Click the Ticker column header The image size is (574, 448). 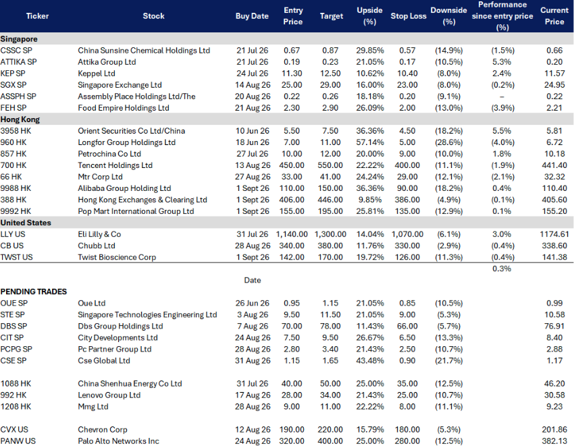pyautogui.click(x=37, y=16)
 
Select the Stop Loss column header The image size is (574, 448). pyautogui.click(x=408, y=16)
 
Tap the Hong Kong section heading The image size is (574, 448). pyautogui.click(x=20, y=119)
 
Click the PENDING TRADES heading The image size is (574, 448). pyautogui.click(x=34, y=291)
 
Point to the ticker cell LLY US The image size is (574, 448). pyautogui.click(x=13, y=234)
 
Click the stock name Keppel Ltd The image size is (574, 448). pyautogui.click(x=97, y=74)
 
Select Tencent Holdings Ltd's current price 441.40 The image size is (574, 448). pyautogui.click(x=554, y=165)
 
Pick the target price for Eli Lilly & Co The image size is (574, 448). pyautogui.click(x=330, y=234)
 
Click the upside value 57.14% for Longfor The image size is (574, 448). pyautogui.click(x=370, y=142)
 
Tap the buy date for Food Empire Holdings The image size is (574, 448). pyautogui.click(x=253, y=108)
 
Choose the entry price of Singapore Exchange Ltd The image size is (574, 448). pyautogui.click(x=292, y=85)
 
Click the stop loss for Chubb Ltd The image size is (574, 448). pyautogui.click(x=407, y=246)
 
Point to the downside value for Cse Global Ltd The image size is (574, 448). pyautogui.click(x=449, y=360)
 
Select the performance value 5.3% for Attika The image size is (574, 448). pyautogui.click(x=502, y=62)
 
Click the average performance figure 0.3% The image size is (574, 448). pyautogui.click(x=502, y=269)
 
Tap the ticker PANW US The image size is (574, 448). pyautogui.click(x=18, y=441)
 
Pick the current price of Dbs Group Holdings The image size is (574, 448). pyautogui.click(x=554, y=327)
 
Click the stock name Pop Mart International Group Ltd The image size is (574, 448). pyautogui.click(x=136, y=211)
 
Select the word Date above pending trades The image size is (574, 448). pyautogui.click(x=253, y=280)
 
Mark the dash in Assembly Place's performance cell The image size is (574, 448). pyautogui.click(x=502, y=96)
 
